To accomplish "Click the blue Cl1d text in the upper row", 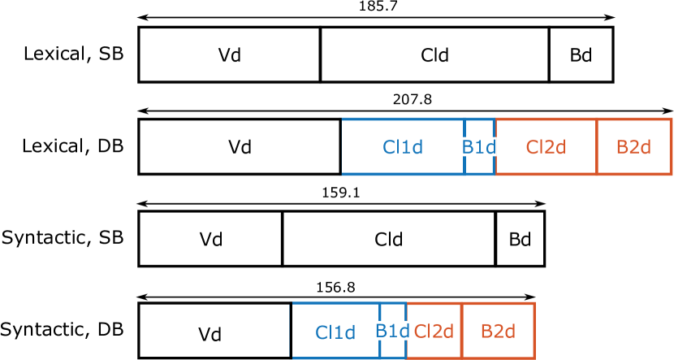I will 403,147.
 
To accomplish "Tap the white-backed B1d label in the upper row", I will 478,147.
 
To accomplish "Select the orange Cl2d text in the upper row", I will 545,147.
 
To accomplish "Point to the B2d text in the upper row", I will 633,147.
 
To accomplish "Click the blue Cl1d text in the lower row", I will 335,332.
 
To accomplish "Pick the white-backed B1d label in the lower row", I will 391,331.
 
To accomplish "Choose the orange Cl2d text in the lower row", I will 433,331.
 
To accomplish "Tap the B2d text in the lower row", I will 498,331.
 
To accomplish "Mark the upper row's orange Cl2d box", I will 545,130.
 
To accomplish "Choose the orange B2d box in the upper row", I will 633,130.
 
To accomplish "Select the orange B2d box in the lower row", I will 498,314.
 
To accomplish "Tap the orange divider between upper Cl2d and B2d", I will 597,163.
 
